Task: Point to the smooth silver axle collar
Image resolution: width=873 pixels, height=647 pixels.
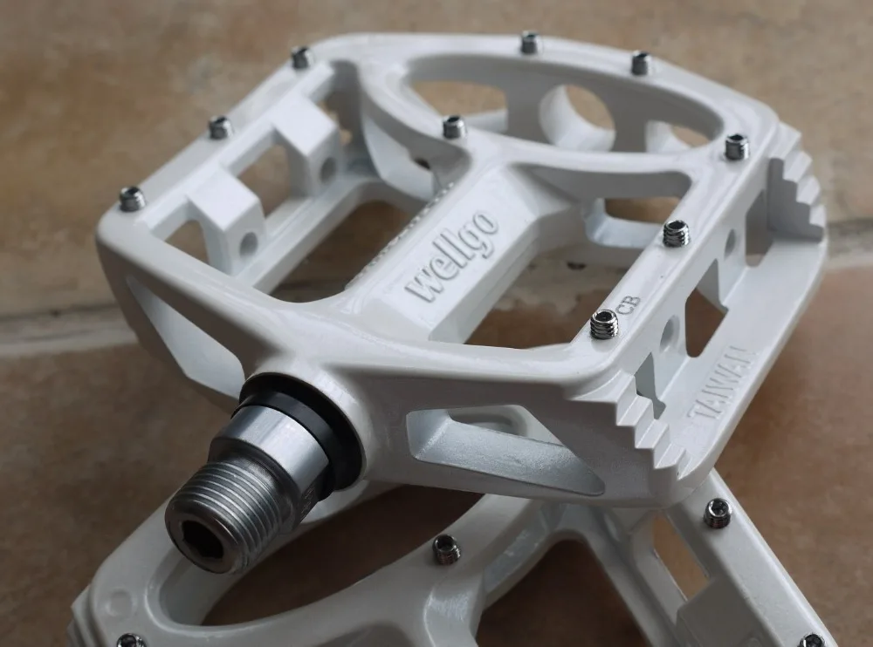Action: pos(272,439)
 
